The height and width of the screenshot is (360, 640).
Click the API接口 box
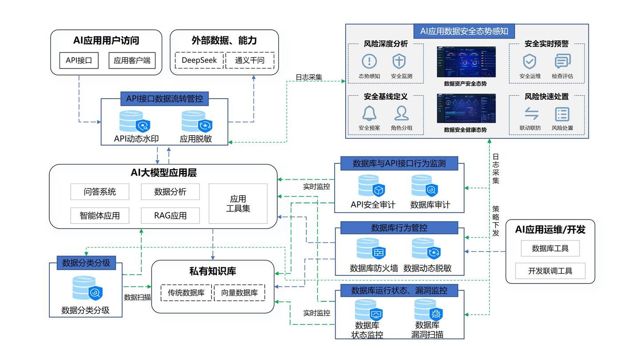[79, 60]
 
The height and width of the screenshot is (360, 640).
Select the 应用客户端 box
[132, 60]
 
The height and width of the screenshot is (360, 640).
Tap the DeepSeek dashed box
[199, 60]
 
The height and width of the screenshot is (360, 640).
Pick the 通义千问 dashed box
[249, 60]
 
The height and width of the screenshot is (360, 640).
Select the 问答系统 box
[100, 192]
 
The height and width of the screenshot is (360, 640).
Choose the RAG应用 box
[170, 216]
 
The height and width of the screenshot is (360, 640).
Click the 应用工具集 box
[238, 204]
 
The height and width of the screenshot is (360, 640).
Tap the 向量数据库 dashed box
[239, 293]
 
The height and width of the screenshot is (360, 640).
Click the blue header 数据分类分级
[86, 263]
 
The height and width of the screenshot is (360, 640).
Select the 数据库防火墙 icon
[372, 249]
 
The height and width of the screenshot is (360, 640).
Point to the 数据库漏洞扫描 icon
[428, 310]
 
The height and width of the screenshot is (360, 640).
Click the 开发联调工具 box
[550, 271]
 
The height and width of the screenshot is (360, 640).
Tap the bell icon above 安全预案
[369, 113]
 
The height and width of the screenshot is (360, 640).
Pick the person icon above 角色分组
[401, 113]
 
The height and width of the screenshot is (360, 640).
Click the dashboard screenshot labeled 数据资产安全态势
[466, 62]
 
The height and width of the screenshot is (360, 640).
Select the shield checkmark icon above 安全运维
[529, 61]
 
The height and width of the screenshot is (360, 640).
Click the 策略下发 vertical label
[496, 220]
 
